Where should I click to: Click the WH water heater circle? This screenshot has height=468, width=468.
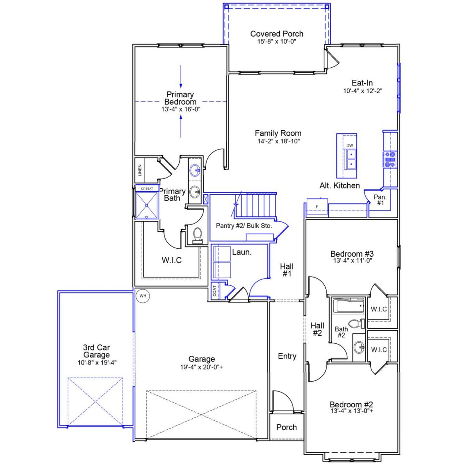(143, 296)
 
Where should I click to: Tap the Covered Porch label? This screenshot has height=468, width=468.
(277, 34)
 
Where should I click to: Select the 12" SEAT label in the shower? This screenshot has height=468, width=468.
(147, 188)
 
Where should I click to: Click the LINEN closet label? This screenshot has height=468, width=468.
(139, 170)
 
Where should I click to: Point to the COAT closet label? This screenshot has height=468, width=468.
(215, 291)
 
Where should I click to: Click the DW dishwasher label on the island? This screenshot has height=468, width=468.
(350, 146)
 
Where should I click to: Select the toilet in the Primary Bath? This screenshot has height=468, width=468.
(197, 235)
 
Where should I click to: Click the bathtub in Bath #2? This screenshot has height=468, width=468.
(350, 306)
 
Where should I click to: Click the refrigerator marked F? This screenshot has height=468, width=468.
(317, 207)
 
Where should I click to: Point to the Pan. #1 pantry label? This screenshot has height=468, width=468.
(380, 200)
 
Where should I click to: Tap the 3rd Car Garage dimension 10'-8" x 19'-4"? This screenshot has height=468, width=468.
(97, 363)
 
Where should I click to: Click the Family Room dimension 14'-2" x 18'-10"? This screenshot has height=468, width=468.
(278, 141)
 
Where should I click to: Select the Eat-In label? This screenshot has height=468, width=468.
(362, 83)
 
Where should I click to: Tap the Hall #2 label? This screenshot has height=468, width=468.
(317, 329)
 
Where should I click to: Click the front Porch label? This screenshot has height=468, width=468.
(286, 427)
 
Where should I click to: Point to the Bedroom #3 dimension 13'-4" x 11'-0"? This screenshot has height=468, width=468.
(352, 261)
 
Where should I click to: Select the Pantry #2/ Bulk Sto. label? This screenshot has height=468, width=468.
(244, 226)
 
